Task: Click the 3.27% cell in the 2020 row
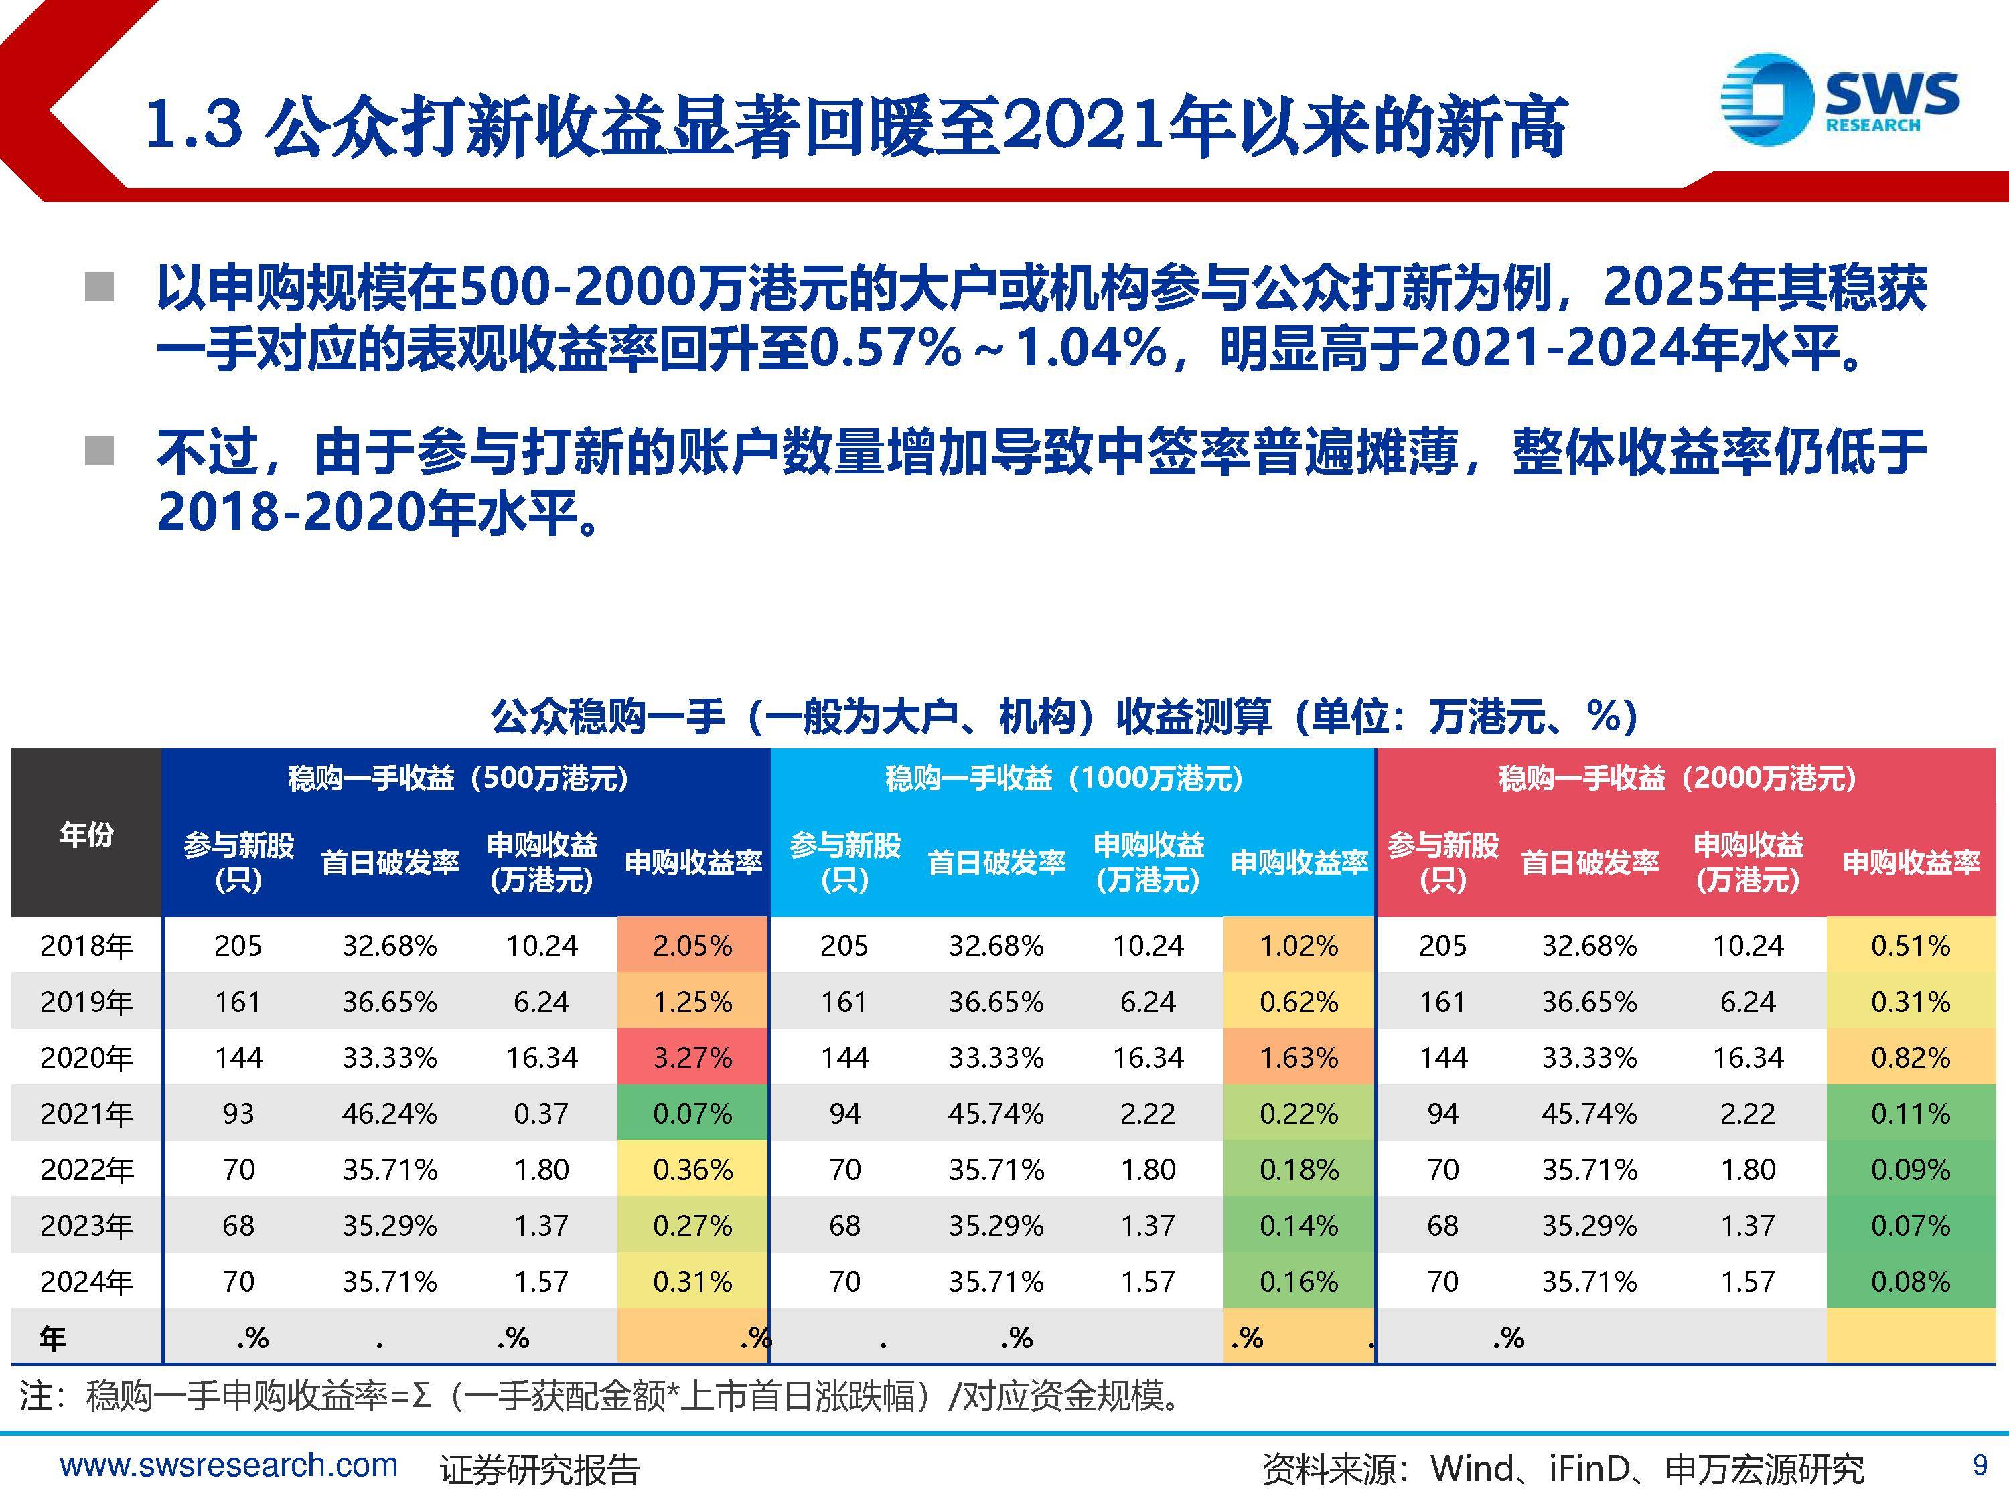[692, 1058]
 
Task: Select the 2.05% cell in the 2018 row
[692, 946]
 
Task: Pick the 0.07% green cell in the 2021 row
[692, 1114]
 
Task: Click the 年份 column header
[86, 833]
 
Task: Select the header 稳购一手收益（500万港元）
[458, 778]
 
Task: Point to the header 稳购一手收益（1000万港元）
[1065, 778]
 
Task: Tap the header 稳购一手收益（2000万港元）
[1678, 778]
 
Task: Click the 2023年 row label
[86, 1226]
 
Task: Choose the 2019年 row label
[86, 1002]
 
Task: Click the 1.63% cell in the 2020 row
[1298, 1058]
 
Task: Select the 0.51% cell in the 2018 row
[1910, 946]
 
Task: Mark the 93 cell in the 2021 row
[238, 1114]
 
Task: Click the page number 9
[1980, 1465]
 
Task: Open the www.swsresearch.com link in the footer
[229, 1465]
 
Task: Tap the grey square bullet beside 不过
[99, 450]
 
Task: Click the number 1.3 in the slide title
[194, 124]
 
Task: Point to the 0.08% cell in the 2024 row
[1910, 1282]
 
